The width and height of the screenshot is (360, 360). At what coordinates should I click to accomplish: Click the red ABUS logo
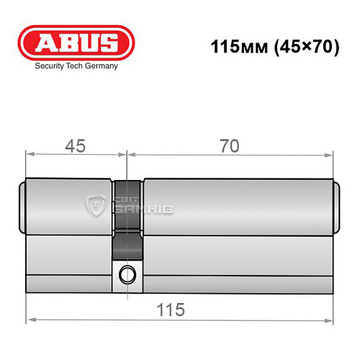(x=76, y=42)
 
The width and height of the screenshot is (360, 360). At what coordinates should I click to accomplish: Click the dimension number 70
(x=230, y=145)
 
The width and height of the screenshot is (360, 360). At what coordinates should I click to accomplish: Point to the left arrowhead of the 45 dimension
(x=30, y=153)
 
